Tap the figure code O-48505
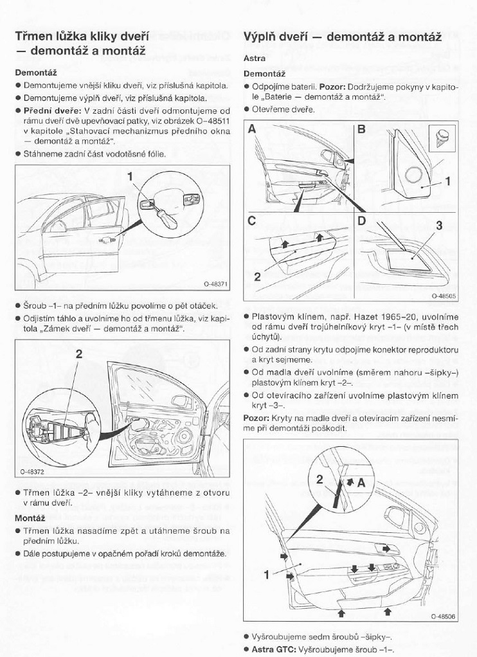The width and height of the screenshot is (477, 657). (x=444, y=296)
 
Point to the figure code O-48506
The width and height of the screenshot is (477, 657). (x=444, y=616)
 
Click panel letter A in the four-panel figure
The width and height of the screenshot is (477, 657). (x=253, y=129)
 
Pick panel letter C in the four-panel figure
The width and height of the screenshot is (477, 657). (x=253, y=221)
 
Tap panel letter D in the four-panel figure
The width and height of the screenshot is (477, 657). (x=361, y=221)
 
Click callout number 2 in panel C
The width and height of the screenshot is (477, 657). (x=256, y=277)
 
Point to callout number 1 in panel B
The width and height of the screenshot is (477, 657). (x=448, y=181)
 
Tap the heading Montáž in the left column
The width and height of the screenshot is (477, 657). (x=30, y=517)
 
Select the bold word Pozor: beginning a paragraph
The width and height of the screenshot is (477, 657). (x=256, y=417)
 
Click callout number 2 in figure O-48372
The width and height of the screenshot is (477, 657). (x=79, y=354)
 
